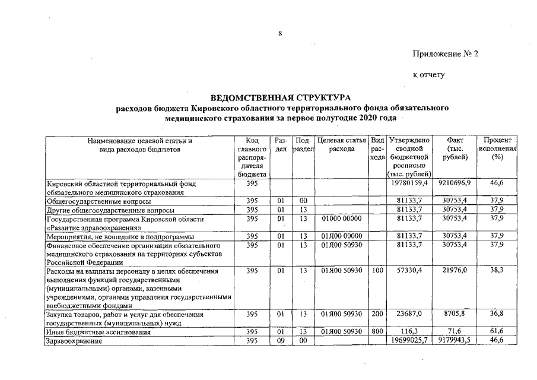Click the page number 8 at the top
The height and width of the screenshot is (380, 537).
279,34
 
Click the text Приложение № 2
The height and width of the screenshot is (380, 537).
445,54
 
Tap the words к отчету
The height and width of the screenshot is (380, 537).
428,75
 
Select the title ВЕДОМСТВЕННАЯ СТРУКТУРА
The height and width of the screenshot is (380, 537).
281,97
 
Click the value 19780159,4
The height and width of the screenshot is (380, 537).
409,185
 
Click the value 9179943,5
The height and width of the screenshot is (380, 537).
455,341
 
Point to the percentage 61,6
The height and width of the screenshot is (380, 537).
497,332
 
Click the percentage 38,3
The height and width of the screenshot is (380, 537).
497,270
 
